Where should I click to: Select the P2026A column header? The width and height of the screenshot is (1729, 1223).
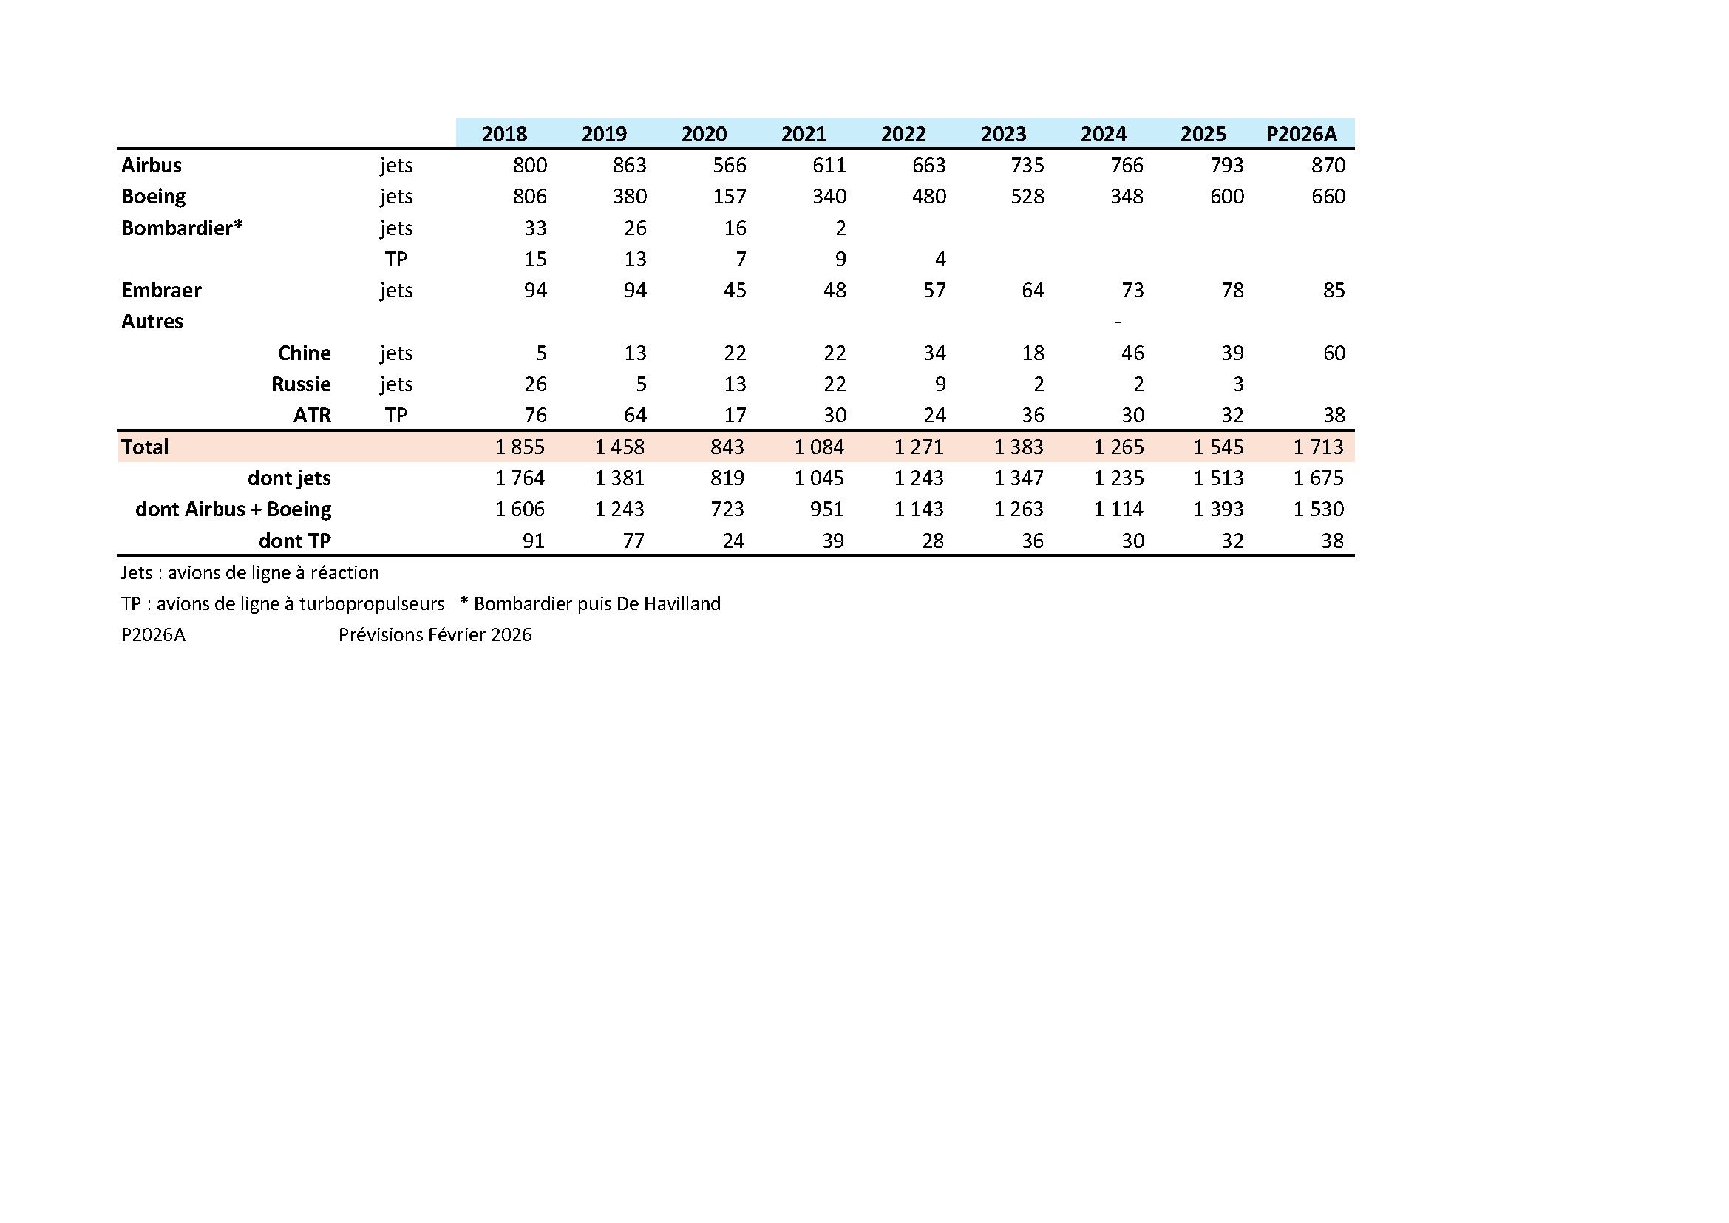tap(1301, 134)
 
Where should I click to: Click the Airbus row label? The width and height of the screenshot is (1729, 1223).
tap(152, 165)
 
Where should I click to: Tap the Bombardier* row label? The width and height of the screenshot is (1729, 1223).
tap(182, 228)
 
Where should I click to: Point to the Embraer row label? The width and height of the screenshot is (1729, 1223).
tap(161, 290)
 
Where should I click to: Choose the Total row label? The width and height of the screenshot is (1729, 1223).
tap(145, 447)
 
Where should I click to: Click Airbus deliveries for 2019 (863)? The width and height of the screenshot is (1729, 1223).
tap(629, 165)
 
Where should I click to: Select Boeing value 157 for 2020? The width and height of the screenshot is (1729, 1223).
tap(729, 197)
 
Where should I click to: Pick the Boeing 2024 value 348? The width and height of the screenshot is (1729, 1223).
tap(1127, 197)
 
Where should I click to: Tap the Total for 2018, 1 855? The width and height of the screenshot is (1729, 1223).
tap(520, 447)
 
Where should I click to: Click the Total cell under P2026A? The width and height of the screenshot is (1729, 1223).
tap(1318, 447)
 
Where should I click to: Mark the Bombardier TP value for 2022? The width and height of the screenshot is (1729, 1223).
tap(940, 259)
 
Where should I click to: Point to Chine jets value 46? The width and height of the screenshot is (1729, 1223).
tap(1132, 353)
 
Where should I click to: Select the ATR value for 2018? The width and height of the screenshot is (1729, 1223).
tap(534, 415)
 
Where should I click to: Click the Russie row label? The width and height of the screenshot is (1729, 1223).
tap(300, 384)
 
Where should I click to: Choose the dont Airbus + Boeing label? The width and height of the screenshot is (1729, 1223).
tap(233, 509)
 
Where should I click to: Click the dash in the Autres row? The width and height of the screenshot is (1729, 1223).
tap(1118, 322)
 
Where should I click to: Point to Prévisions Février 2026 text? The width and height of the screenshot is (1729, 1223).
tap(435, 635)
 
